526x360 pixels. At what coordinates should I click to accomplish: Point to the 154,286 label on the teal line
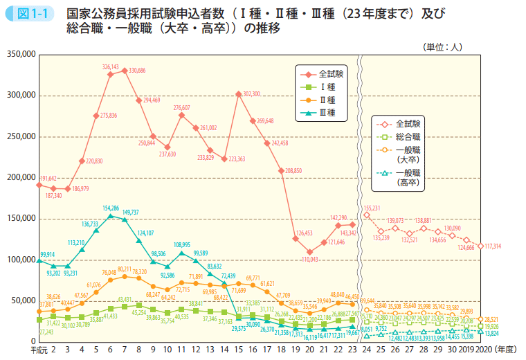[x=111, y=208]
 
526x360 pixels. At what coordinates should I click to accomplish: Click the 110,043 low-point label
[x=313, y=259]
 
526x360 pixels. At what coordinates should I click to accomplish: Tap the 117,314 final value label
[x=494, y=246]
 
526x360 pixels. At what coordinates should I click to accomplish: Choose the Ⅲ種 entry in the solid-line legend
[x=327, y=112]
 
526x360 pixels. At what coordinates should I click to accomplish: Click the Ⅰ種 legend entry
[x=327, y=86]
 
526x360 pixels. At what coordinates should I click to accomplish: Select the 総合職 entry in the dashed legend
[x=409, y=136]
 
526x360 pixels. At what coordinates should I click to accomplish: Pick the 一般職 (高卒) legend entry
[x=408, y=177]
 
